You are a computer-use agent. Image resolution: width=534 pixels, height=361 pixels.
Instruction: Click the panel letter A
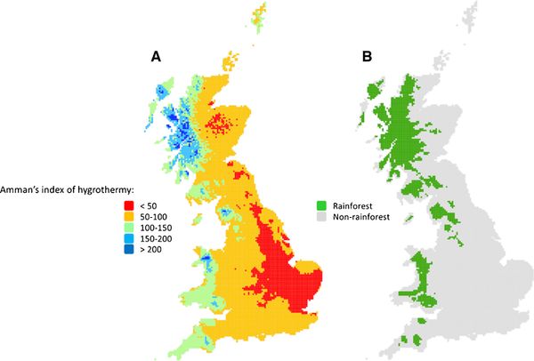[x=156, y=56]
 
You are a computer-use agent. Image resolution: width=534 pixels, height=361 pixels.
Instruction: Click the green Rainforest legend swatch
[x=322, y=203]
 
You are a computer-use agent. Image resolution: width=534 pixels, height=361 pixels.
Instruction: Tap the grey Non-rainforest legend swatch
[x=322, y=216]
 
